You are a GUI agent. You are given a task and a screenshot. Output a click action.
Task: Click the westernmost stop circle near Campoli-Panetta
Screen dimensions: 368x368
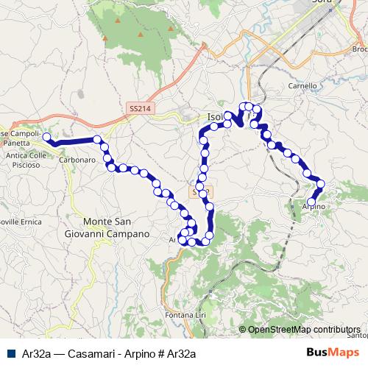[46, 137]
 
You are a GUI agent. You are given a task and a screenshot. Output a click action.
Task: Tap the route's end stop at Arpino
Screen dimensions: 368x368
[311, 201]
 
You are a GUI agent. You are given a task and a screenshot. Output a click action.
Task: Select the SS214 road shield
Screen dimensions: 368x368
[139, 108]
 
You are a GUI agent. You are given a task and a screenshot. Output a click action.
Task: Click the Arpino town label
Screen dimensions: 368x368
[314, 209]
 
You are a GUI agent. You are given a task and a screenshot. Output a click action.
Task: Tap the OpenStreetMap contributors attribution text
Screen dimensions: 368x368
[303, 329]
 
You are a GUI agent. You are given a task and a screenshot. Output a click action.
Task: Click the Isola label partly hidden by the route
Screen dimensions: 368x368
[214, 117]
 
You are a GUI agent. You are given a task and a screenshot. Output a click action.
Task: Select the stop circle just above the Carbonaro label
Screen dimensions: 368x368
[97, 139]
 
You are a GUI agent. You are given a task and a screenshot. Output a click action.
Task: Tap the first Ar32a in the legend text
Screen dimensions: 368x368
[32, 353]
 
